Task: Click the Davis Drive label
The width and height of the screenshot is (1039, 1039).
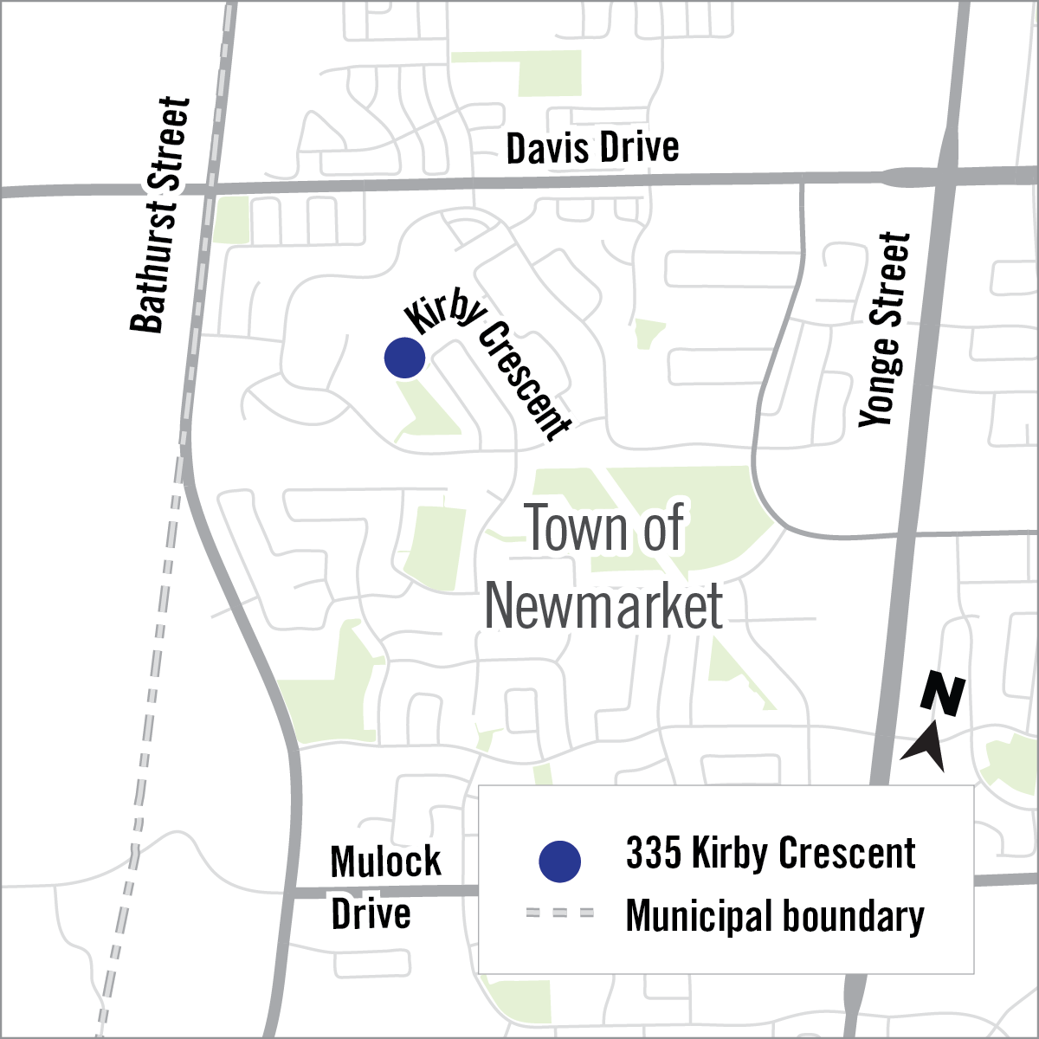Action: coord(592,148)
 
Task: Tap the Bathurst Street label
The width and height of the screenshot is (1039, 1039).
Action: coord(160,215)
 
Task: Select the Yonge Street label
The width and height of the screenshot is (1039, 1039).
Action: coord(886,329)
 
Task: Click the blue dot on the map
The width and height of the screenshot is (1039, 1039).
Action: coord(404,357)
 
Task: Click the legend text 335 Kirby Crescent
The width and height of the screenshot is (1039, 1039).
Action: coord(770,854)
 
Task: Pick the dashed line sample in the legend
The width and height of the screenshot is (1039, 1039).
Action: coord(559,913)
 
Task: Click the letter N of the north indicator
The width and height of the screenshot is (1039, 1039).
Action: coord(943,695)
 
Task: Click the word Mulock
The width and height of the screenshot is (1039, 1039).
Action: coord(385,862)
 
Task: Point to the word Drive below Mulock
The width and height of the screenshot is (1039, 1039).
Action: coord(371,913)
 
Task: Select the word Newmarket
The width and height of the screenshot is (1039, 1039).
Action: coord(603,606)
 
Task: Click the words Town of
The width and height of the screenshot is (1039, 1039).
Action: coord(604,527)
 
